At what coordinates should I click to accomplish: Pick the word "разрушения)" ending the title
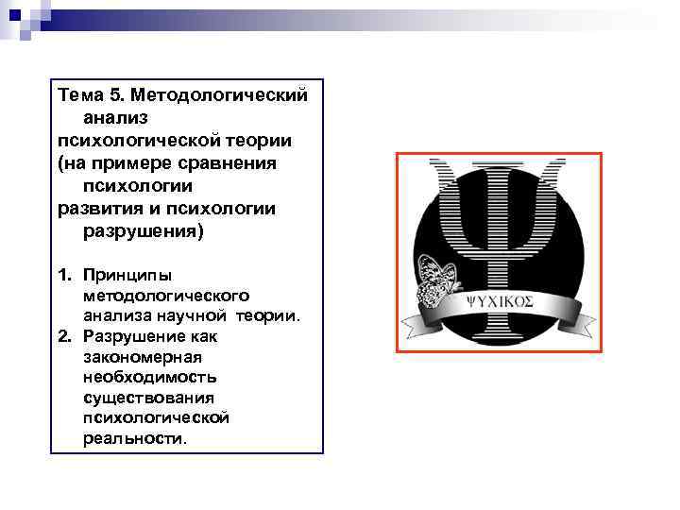click(143, 231)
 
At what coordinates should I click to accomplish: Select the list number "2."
click(65, 335)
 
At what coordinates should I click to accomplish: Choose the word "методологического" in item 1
click(165, 296)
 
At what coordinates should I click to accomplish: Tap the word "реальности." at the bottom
click(135, 438)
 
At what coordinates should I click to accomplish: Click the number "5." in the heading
click(115, 96)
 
